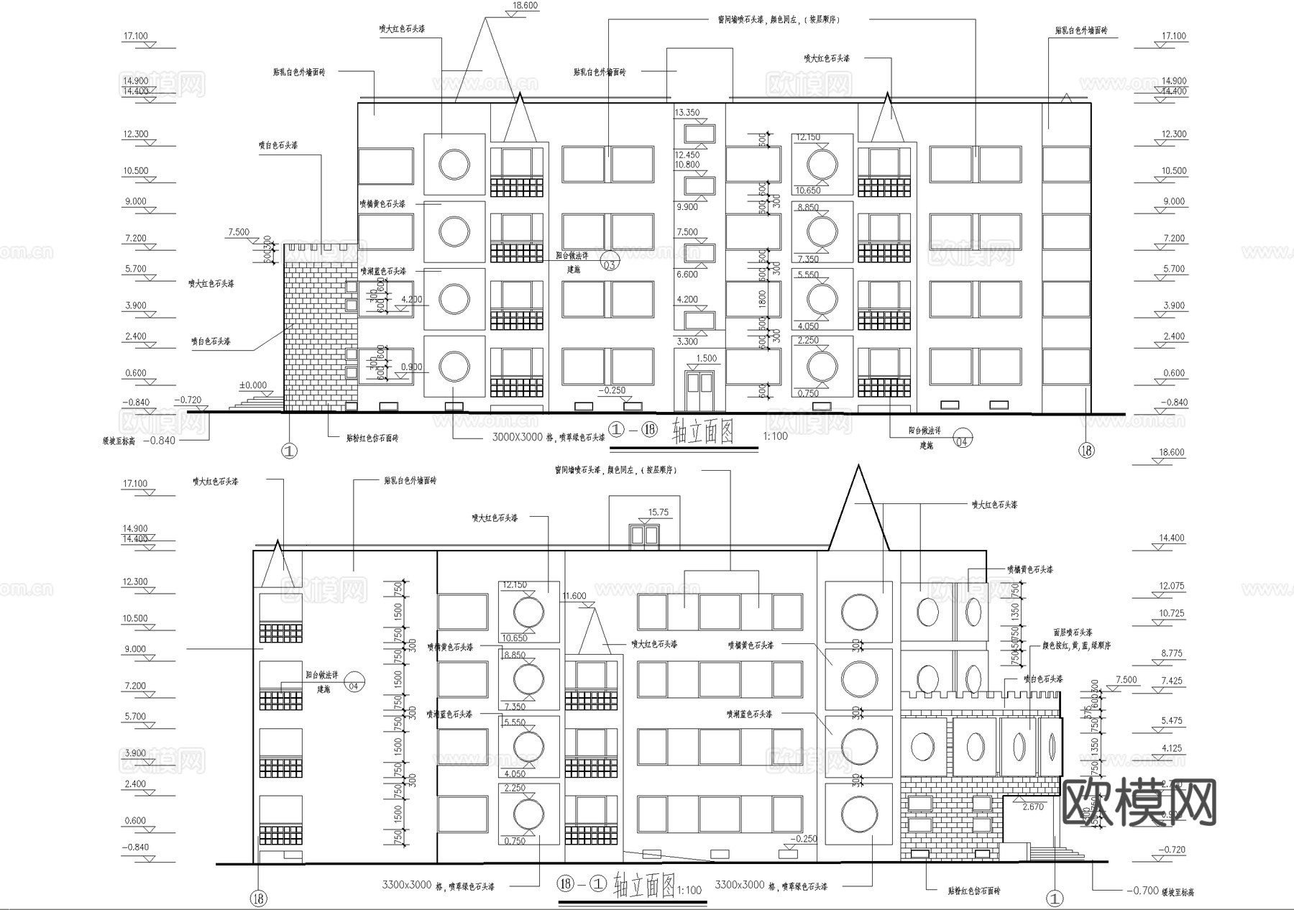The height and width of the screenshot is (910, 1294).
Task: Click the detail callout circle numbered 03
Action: point(610,264)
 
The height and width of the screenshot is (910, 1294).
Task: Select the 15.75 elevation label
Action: point(658,513)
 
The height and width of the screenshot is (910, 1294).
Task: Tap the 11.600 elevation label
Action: point(574,596)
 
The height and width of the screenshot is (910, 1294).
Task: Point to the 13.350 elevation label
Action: point(687,113)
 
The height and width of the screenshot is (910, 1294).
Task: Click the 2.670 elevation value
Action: point(1032,806)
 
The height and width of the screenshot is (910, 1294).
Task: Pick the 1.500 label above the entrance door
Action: point(706,358)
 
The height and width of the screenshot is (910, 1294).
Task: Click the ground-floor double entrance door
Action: point(699,391)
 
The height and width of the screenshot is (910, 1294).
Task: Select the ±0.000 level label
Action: point(252,385)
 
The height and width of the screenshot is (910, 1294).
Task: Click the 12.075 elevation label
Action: point(1171,586)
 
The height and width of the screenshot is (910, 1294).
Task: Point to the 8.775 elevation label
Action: point(1171,653)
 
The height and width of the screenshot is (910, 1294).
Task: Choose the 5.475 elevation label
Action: point(1171,720)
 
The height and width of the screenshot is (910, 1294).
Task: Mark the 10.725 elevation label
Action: point(1171,613)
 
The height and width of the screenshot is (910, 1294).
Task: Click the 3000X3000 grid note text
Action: point(517,437)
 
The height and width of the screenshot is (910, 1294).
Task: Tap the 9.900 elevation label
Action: point(687,207)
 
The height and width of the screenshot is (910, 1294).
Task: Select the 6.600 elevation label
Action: point(687,274)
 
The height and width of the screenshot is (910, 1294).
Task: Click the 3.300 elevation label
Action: point(687,341)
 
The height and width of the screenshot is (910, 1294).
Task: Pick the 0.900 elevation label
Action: point(411,367)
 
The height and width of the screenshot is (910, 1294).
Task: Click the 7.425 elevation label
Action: point(1171,681)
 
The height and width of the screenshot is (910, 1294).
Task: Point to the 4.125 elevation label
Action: point(1171,748)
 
